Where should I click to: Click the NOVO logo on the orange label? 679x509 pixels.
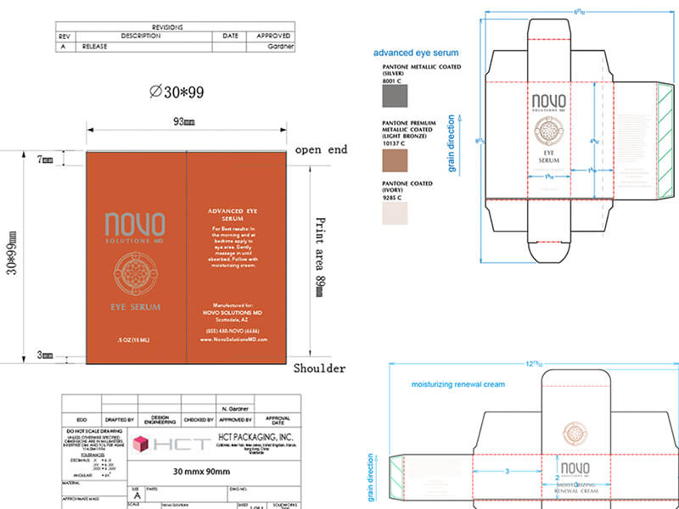tap(135, 226)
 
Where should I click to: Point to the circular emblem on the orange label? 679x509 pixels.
tap(136, 273)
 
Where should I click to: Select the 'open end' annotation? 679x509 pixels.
tap(321, 149)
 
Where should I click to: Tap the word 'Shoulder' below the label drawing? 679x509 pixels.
tap(319, 368)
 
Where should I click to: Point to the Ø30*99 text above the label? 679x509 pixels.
tap(177, 92)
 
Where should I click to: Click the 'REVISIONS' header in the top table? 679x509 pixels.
tap(176, 27)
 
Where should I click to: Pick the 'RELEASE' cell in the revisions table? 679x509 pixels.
tap(96, 48)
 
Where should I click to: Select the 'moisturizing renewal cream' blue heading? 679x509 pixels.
tap(457, 384)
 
